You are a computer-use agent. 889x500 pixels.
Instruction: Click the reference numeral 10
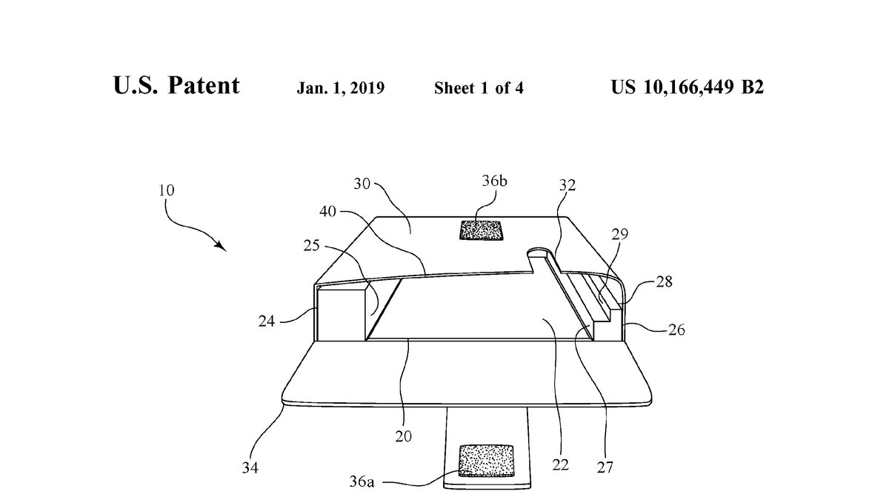pyautogui.click(x=166, y=190)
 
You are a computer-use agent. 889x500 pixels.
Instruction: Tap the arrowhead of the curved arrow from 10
pyautogui.click(x=221, y=245)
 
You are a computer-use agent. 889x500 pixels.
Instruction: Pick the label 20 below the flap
pyautogui.click(x=404, y=436)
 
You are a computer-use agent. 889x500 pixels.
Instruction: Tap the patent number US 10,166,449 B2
pyautogui.click(x=687, y=87)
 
